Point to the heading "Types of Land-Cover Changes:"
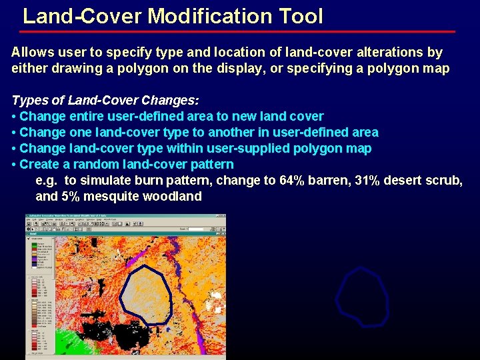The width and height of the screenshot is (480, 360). (105, 101)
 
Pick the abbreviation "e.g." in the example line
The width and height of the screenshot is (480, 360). (47, 181)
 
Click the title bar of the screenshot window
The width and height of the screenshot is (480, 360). (127, 217)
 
